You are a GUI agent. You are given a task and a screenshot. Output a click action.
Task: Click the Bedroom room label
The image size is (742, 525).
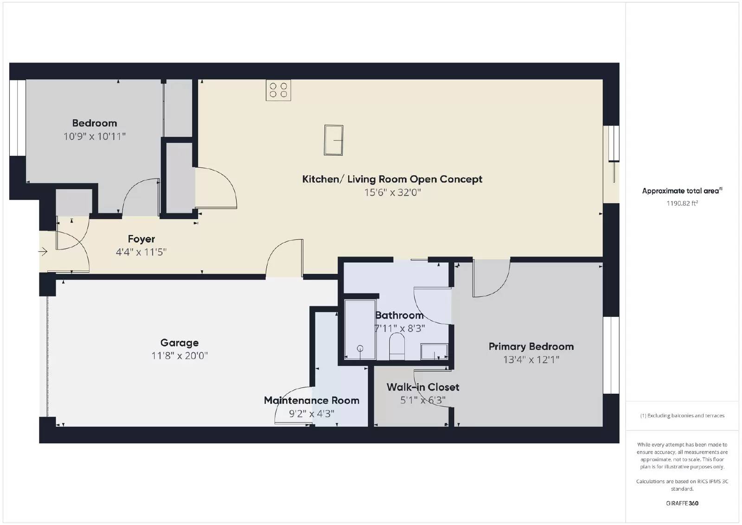[94, 123]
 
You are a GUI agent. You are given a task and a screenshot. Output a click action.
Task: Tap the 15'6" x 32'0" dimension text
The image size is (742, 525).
[392, 192]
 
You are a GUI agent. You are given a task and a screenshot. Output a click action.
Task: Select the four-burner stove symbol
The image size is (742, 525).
[278, 90]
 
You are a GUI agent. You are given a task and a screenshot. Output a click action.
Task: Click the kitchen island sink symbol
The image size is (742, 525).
[333, 140]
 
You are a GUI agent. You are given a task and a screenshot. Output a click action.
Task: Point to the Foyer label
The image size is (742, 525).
[141, 239]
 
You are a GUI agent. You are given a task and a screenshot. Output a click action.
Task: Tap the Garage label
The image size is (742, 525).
[179, 343]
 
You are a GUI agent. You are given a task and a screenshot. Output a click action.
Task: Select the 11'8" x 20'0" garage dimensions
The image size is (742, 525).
[179, 356]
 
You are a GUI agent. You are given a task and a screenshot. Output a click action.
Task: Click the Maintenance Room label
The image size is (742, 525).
[312, 400]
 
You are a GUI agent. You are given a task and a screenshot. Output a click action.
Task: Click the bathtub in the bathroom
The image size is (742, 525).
[360, 330]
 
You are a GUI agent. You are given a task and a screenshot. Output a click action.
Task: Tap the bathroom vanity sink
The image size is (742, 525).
[434, 352]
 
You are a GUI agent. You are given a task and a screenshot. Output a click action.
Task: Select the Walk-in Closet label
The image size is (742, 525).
[423, 387]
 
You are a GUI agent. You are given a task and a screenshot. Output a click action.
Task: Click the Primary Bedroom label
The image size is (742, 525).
[531, 346]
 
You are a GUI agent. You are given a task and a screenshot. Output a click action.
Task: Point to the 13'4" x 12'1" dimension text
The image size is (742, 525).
[531, 359]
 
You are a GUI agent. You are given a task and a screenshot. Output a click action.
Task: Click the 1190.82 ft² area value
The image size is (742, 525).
[682, 203]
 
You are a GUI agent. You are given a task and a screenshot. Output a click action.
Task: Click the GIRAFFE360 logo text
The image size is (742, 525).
[682, 503]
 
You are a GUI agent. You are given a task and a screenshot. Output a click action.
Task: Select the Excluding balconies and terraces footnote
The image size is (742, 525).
[682, 416]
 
